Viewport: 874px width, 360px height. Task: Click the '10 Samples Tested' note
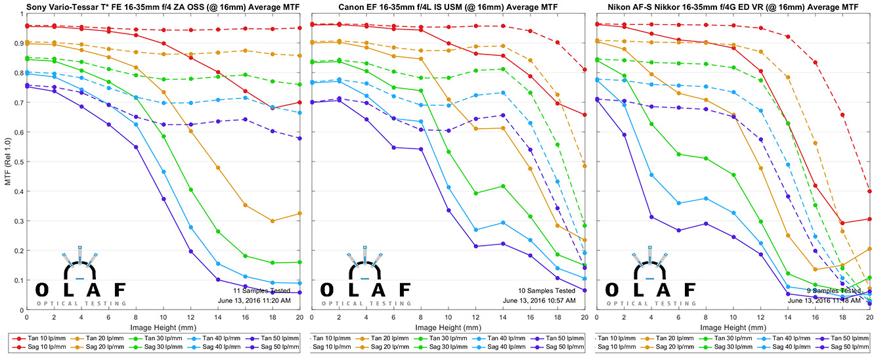pyautogui.click(x=546, y=290)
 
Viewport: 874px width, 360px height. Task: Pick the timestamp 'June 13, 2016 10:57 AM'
pyautogui.click(x=539, y=300)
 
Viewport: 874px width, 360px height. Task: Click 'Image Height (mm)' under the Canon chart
pyautogui.click(x=447, y=326)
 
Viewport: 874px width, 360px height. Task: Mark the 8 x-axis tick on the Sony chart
pyautogui.click(x=136, y=316)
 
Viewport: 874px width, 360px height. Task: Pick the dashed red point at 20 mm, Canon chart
pyautogui.click(x=584, y=70)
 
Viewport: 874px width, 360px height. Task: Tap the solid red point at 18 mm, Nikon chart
pyautogui.click(x=842, y=223)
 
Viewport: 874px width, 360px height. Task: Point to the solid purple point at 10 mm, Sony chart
pyautogui.click(x=164, y=199)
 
